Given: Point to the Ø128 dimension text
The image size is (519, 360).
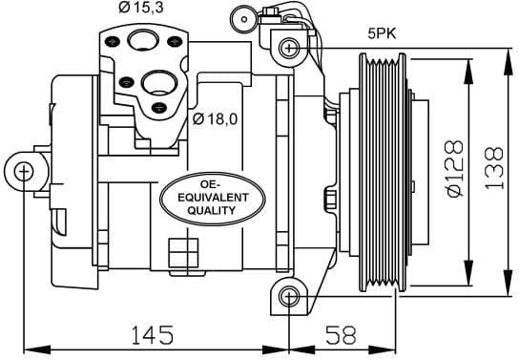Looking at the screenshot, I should [x=454, y=169].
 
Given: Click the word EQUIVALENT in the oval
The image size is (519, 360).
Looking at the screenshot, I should [x=211, y=197].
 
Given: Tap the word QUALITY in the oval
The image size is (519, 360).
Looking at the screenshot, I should [x=211, y=212].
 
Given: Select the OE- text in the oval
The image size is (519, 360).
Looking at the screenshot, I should [x=211, y=182].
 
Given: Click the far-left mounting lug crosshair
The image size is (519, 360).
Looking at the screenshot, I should [x=24, y=171].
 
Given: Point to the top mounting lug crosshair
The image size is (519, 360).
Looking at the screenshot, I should [x=286, y=45].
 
